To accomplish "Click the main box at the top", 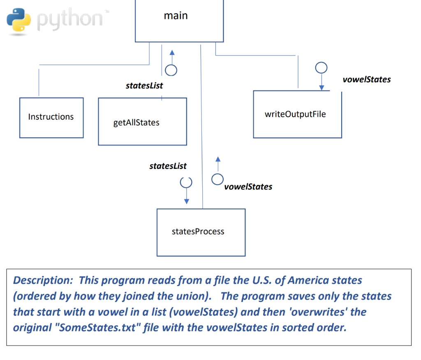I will click(x=179, y=21).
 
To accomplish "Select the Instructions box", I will click(x=51, y=117).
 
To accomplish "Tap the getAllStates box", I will click(x=142, y=122).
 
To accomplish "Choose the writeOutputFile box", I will click(x=297, y=114).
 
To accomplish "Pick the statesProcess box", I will click(x=201, y=232).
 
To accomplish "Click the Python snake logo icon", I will click(x=19, y=20).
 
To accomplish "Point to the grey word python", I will click(x=70, y=19).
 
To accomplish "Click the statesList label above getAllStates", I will click(x=144, y=85).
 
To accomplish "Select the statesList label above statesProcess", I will click(x=168, y=166).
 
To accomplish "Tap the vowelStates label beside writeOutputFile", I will click(x=366, y=79).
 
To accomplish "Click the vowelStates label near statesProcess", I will click(x=248, y=187).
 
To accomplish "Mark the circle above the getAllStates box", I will click(x=171, y=70).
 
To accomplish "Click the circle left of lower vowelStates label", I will click(x=217, y=179).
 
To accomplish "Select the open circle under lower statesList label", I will click(x=186, y=181).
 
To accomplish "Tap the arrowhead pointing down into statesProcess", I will click(x=187, y=201).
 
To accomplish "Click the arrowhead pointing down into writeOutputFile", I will click(x=322, y=88).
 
